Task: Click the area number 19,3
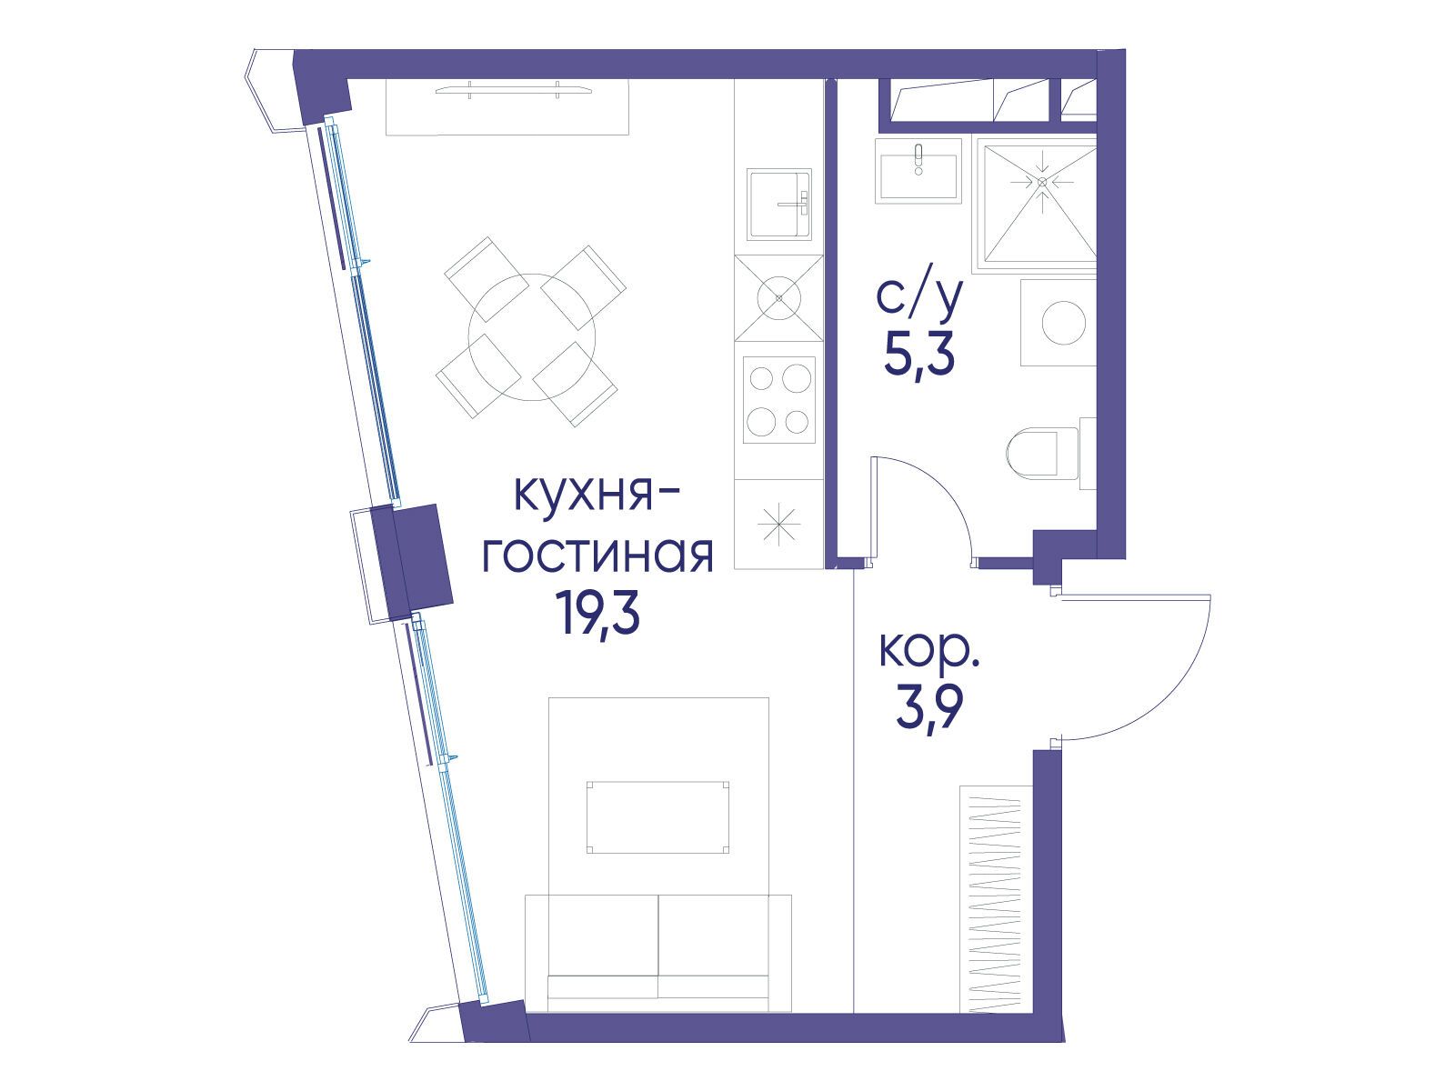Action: click(x=601, y=615)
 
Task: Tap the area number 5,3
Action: click(x=918, y=355)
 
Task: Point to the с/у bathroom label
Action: click(x=918, y=298)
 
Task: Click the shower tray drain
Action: click(x=1042, y=182)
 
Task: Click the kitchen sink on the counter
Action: click(x=778, y=204)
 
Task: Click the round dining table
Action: click(x=532, y=334)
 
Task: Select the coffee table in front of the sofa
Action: click(x=658, y=816)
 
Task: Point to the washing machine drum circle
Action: click(x=1063, y=323)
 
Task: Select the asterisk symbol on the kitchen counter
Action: click(x=780, y=525)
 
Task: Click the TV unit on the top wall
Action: click(x=507, y=105)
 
